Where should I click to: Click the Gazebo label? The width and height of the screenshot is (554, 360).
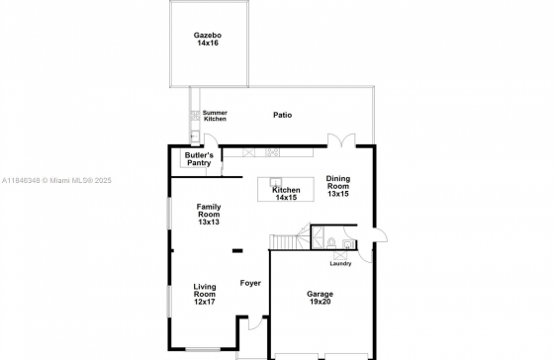click(x=208, y=36)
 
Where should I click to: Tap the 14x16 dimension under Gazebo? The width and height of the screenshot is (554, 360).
click(x=208, y=44)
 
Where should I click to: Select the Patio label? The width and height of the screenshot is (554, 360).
click(x=283, y=115)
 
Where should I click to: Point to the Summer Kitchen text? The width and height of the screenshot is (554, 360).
click(x=215, y=116)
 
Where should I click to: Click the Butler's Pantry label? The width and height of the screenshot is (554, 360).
click(x=199, y=159)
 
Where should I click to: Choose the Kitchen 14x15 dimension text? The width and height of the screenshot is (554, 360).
click(x=286, y=198)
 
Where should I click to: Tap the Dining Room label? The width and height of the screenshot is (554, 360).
click(x=338, y=182)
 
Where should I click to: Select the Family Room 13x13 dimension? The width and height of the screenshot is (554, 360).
click(x=209, y=223)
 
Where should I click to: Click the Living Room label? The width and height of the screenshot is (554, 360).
click(x=205, y=291)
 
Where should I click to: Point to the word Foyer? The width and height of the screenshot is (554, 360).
click(x=250, y=283)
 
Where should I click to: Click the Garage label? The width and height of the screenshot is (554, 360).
click(x=320, y=294)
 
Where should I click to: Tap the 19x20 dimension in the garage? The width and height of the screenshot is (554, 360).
click(x=321, y=302)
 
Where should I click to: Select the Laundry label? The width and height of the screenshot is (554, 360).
click(x=340, y=263)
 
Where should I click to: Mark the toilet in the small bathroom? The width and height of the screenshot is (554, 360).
click(x=331, y=243)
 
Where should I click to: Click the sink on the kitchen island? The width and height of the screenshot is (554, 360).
click(x=276, y=182)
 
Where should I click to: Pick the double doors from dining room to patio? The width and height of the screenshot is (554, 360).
click(x=341, y=139)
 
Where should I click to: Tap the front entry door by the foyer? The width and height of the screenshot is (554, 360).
click(x=255, y=322)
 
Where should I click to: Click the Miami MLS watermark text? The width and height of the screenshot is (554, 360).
click(x=56, y=181)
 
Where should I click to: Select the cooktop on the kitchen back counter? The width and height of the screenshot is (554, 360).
click(x=272, y=152)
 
